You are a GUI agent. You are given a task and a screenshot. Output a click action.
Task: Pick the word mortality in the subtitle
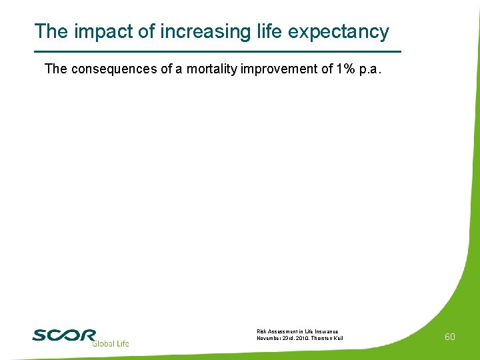point(211,69)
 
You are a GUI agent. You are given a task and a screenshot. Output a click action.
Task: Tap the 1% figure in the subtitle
point(343,69)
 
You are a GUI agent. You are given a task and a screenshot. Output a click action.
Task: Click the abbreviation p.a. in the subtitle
point(371,69)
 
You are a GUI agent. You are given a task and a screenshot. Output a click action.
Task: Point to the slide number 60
point(450,337)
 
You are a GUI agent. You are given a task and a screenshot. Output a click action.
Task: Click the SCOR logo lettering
point(64,335)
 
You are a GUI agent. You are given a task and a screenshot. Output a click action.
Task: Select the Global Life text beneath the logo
point(110,344)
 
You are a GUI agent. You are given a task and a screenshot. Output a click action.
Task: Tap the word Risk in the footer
point(261,331)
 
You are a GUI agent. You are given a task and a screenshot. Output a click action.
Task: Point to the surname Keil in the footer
point(338,338)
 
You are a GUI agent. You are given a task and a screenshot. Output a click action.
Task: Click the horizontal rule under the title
point(217,51)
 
